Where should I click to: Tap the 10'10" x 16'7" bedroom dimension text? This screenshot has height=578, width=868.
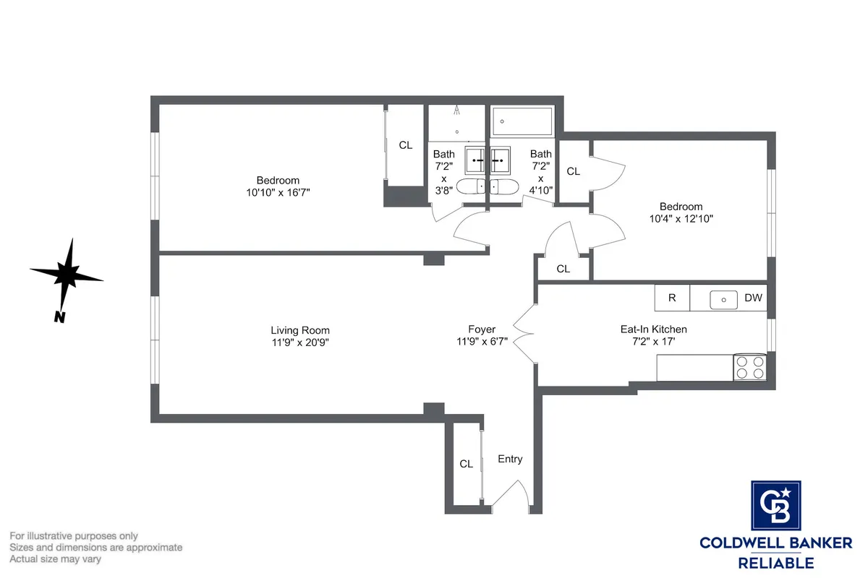[x=278, y=193]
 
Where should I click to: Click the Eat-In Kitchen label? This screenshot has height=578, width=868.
[x=653, y=329]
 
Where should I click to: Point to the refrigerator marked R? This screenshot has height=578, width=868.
[x=672, y=298]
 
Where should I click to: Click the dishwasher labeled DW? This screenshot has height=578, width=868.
[x=754, y=298]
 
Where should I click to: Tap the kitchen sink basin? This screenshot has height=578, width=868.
[x=723, y=298]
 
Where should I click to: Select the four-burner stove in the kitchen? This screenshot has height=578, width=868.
[x=750, y=367]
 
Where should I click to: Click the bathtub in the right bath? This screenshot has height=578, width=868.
[x=522, y=121]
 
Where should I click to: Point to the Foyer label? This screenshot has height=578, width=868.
[x=481, y=329]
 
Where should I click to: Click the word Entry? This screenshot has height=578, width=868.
[x=510, y=459]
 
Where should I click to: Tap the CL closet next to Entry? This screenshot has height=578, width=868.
[x=467, y=464]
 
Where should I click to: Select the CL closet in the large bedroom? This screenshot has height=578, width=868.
[x=406, y=145]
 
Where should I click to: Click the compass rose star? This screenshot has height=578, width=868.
[x=67, y=274]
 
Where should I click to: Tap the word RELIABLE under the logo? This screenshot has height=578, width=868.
[x=775, y=562]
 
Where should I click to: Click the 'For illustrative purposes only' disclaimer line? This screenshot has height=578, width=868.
[x=73, y=536]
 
